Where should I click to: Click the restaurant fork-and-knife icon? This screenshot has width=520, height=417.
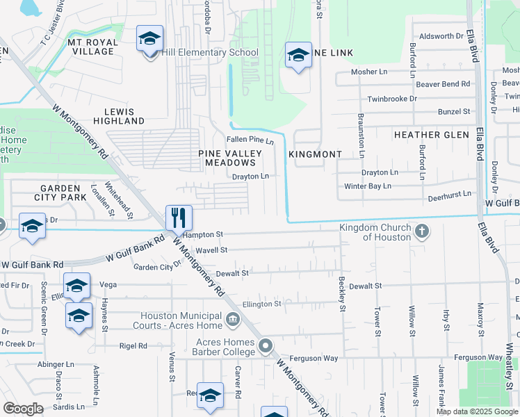pyautogui.click(x=179, y=218)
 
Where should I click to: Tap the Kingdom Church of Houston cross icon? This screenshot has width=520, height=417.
pyautogui.click(x=421, y=232)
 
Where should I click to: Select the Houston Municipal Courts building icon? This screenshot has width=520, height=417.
pyautogui.click(x=234, y=320)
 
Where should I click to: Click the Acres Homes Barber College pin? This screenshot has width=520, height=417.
pyautogui.click(x=265, y=346)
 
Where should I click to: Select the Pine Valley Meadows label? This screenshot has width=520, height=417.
pyautogui.click(x=230, y=158)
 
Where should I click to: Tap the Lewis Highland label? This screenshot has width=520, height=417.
pyautogui.click(x=124, y=116)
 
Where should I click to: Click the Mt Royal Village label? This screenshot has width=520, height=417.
pyautogui.click(x=92, y=47)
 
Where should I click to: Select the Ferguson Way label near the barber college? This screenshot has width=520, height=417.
pyautogui.click(x=319, y=359)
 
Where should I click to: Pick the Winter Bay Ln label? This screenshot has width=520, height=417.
pyautogui.click(x=368, y=186)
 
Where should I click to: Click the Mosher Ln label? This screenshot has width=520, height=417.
pyautogui.click(x=369, y=72)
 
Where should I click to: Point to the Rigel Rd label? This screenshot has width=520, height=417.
pyautogui.click(x=133, y=345)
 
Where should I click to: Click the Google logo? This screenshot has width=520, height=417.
pyautogui.click(x=24, y=409)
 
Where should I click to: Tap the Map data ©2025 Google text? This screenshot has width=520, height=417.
pyautogui.click(x=476, y=411)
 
